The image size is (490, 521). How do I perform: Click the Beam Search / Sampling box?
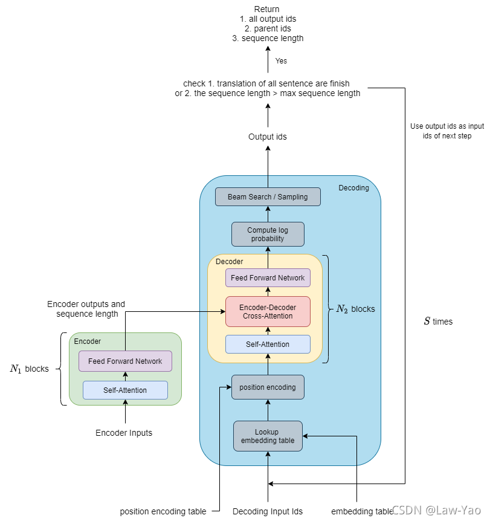click(x=268, y=196)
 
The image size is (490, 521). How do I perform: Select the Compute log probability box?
click(x=268, y=235)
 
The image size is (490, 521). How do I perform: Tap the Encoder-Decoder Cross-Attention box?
click(x=268, y=312)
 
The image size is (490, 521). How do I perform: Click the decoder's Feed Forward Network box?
click(x=268, y=278)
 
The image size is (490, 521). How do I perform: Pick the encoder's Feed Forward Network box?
click(x=125, y=361)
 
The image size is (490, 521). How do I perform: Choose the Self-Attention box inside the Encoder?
click(x=125, y=390)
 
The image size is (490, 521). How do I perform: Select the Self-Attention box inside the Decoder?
click(x=268, y=345)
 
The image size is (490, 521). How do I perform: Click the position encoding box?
click(x=268, y=387)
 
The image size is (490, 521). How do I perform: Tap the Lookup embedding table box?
click(x=268, y=436)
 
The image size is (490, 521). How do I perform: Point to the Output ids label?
click(x=268, y=137)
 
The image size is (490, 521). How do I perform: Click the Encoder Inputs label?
click(x=124, y=433)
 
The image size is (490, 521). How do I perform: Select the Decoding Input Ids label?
click(x=268, y=511)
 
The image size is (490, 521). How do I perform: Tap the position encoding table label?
click(x=163, y=511)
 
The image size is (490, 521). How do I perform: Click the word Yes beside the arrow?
click(x=281, y=61)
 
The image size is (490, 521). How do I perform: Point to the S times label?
click(x=438, y=322)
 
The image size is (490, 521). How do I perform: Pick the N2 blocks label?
click(x=356, y=309)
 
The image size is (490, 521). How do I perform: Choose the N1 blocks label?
click(x=30, y=369)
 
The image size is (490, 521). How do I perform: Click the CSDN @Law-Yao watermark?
click(x=436, y=510)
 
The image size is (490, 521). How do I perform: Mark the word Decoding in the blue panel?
click(x=354, y=188)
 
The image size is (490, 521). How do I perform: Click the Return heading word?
click(x=267, y=9)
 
